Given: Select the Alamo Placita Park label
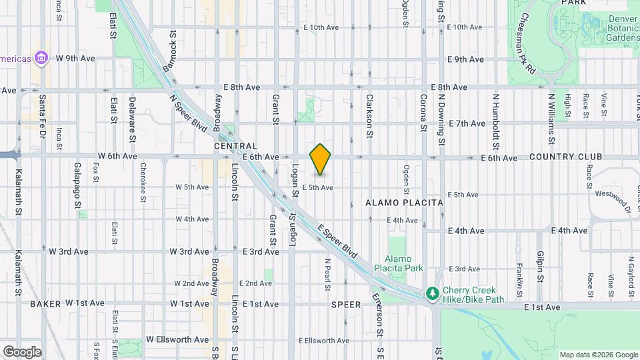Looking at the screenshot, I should click(404, 263).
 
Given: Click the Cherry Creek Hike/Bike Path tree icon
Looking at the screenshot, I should click(433, 293).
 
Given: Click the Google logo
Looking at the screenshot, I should click(21, 351).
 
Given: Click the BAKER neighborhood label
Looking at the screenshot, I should click(45, 303).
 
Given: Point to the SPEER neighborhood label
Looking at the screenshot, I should click(346, 305).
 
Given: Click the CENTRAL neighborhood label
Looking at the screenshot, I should click(235, 146).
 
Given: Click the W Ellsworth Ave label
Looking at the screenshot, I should click(177, 339).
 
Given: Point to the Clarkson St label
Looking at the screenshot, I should click(369, 115).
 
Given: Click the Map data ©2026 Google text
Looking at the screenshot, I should click(598, 355).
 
